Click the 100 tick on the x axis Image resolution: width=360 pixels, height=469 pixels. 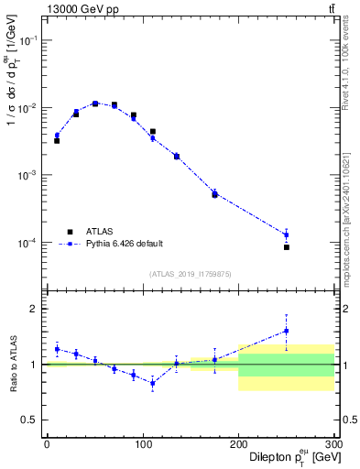(142, 444)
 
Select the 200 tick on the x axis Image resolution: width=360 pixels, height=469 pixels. (238, 444)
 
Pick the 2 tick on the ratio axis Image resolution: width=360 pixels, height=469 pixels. (35, 309)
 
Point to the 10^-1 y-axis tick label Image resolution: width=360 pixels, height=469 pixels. (27, 40)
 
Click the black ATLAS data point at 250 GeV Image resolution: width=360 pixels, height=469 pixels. (287, 247)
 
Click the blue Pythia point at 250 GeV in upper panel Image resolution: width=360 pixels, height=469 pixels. (287, 234)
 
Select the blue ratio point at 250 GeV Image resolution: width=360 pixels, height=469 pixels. (287, 331)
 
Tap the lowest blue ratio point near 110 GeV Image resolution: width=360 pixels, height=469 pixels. (152, 384)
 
